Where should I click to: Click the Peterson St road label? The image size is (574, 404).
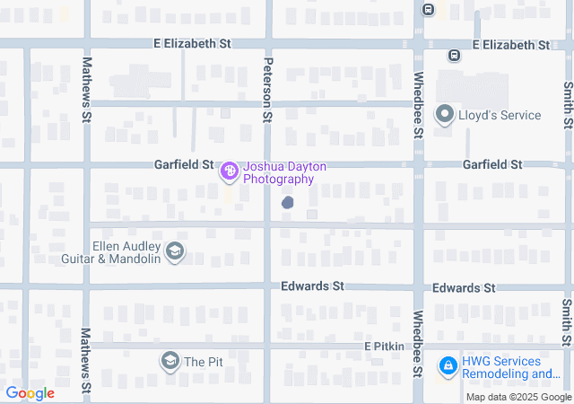coord(267,91)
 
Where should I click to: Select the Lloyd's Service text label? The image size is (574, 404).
coord(500,115)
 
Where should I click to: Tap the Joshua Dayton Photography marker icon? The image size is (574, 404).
coord(229,169)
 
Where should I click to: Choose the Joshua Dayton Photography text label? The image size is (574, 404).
coord(285,173)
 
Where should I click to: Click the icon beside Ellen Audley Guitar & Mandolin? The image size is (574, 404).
coord(176,252)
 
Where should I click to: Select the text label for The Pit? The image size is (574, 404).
coord(203,362)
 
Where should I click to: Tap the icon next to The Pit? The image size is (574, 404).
coord(170,362)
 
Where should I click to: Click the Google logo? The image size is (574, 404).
coord(30,393)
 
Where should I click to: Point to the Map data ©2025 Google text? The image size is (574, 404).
coord(518,397)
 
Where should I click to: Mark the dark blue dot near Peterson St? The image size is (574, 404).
coord(288,203)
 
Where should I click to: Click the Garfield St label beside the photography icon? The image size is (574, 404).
coord(183,165)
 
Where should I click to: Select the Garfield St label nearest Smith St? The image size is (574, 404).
coord(491,164)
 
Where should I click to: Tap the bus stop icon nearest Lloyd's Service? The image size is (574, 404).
coord(455,55)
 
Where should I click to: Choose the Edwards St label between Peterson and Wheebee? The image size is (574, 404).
coord(312,286)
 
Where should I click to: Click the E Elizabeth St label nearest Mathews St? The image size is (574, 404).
coord(192,43)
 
